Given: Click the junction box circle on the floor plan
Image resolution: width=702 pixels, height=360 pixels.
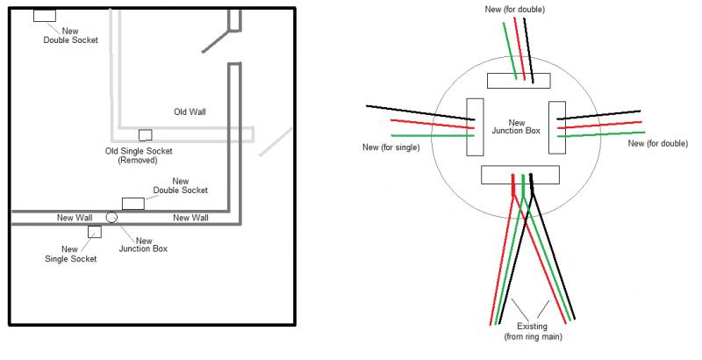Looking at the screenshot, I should pos(111,217).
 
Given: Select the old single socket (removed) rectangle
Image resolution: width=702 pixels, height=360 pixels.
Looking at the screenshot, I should pos(145,134).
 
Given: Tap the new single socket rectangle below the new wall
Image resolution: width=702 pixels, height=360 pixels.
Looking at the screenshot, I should pos(94,231).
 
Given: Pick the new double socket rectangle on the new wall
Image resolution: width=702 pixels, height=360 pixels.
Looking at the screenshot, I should pos(133,204).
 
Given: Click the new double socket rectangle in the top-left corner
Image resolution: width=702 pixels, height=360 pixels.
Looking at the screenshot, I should pos(44,16).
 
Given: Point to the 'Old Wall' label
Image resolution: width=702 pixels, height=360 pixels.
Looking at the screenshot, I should pos(190,112).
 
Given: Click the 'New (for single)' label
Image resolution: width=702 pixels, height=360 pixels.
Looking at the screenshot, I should pos(391,147).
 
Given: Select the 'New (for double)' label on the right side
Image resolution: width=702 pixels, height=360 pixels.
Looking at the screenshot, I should pos(658,143).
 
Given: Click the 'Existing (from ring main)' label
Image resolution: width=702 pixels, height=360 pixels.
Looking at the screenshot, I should pos(532,331).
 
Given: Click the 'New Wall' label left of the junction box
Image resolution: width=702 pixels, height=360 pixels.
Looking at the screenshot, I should pos(75,217).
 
